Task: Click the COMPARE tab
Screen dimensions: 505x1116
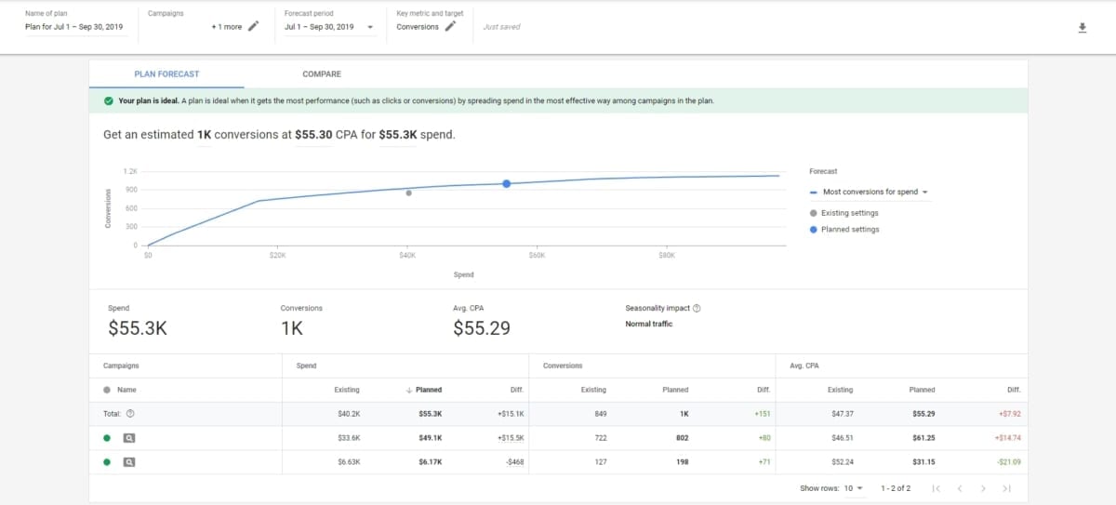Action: coord(321,74)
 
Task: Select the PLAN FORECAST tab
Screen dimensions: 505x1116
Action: coord(166,74)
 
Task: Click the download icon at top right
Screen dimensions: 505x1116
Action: coord(1082,28)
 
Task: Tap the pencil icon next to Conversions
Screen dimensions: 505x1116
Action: coord(451,26)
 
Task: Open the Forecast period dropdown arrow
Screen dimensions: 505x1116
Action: coord(371,27)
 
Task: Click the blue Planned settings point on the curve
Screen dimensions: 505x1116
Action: coord(507,184)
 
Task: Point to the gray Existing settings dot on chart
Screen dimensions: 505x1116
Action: coord(408,193)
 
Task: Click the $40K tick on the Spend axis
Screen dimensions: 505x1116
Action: coord(407,255)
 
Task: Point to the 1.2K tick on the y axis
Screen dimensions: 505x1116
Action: coord(130,172)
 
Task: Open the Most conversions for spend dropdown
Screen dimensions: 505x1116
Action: coord(874,193)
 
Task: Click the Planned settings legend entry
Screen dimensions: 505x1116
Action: coord(849,230)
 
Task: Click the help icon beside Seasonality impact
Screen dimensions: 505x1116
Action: coord(697,309)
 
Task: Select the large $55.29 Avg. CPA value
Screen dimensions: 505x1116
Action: coord(482,328)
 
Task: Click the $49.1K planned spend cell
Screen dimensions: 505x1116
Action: coord(430,437)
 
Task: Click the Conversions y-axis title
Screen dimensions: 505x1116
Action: coord(108,208)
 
